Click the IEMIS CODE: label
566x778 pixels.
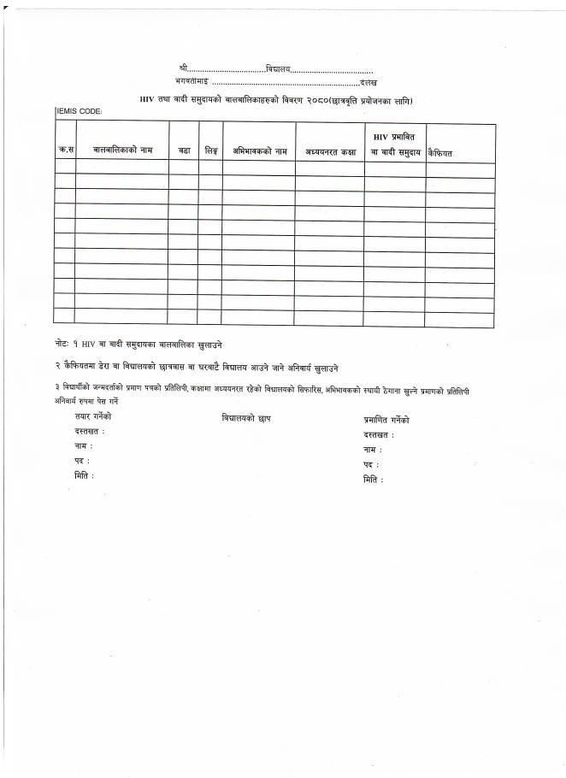(80, 112)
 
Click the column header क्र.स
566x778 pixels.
(65, 151)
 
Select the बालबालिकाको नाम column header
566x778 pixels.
(122, 150)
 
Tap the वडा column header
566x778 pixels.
(184, 150)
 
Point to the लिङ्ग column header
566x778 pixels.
(210, 150)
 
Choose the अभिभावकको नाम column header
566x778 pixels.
(259, 151)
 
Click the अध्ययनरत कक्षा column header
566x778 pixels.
(330, 151)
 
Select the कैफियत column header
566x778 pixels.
(440, 152)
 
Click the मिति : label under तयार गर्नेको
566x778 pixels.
(85, 475)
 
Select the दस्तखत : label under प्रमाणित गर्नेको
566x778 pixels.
(379, 435)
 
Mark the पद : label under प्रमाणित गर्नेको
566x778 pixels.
(371, 464)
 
